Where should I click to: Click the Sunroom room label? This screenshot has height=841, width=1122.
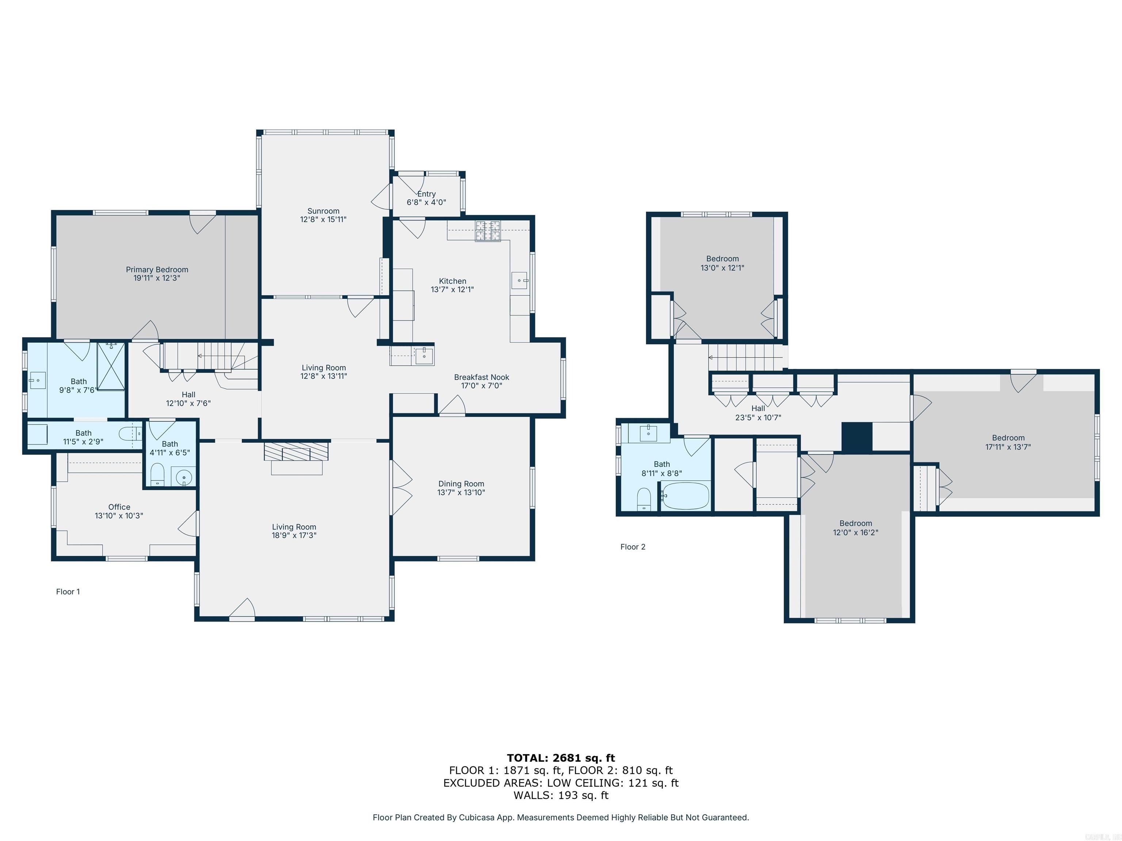(x=323, y=211)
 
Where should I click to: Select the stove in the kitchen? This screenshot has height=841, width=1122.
(x=488, y=231)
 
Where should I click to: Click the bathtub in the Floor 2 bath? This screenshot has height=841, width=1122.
(x=685, y=495)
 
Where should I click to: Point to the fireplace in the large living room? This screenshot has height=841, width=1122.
(x=296, y=452)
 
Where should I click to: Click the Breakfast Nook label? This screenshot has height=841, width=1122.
(x=481, y=377)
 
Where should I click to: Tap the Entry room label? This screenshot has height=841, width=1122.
(x=426, y=194)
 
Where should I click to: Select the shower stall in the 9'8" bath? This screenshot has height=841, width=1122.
(x=111, y=366)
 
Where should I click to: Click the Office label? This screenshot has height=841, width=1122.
(x=119, y=507)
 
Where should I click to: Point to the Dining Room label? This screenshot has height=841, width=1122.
(x=461, y=484)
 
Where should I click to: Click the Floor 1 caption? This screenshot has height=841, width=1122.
(x=68, y=592)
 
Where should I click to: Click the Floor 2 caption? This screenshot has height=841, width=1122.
(x=633, y=546)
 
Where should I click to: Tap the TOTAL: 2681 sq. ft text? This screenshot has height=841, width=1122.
(x=561, y=758)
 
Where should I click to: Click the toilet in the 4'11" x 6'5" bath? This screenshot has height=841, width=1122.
(x=158, y=475)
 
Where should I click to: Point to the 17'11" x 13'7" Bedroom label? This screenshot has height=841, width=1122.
(x=1008, y=438)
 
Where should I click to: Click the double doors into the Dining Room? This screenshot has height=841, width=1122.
(x=401, y=488)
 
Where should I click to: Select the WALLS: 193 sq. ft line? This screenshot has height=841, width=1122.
(x=561, y=795)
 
